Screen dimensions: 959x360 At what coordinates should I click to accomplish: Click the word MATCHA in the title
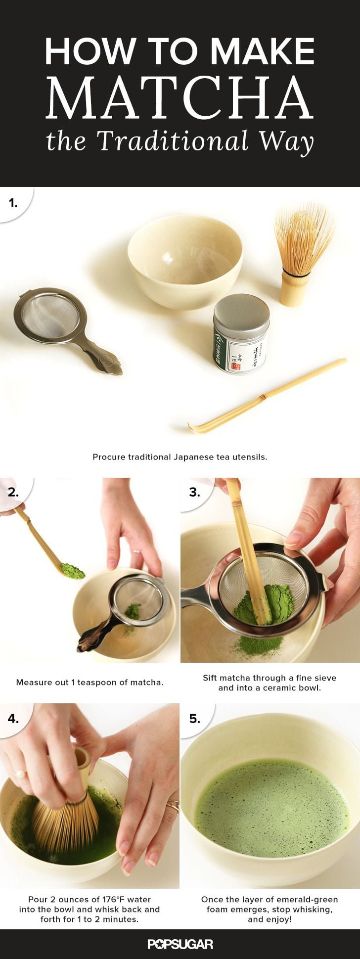point(180,97)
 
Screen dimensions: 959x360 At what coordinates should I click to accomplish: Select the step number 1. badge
point(13,202)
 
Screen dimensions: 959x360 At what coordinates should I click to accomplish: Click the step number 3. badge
point(194,492)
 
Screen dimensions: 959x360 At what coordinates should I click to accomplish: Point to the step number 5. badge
point(194,718)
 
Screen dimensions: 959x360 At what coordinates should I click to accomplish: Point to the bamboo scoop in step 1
point(267,396)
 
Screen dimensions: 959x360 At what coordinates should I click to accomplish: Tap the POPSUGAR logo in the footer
point(180,944)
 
